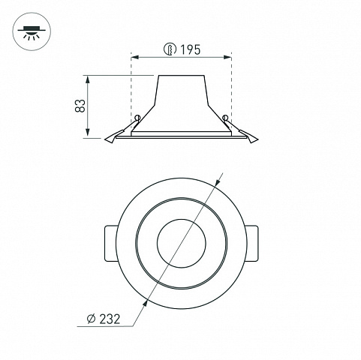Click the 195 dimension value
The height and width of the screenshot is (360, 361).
(191, 49)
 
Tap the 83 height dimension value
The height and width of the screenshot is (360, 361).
(80, 106)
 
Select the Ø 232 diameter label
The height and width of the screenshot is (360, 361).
(104, 319)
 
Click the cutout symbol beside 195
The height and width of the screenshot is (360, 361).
(170, 49)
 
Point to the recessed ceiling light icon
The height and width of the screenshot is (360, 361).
(32, 31)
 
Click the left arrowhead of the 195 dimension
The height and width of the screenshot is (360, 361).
(135, 58)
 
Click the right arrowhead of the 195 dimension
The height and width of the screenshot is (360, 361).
(227, 58)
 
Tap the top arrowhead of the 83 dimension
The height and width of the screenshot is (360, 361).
(87, 79)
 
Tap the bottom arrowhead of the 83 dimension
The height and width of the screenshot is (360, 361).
(87, 133)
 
